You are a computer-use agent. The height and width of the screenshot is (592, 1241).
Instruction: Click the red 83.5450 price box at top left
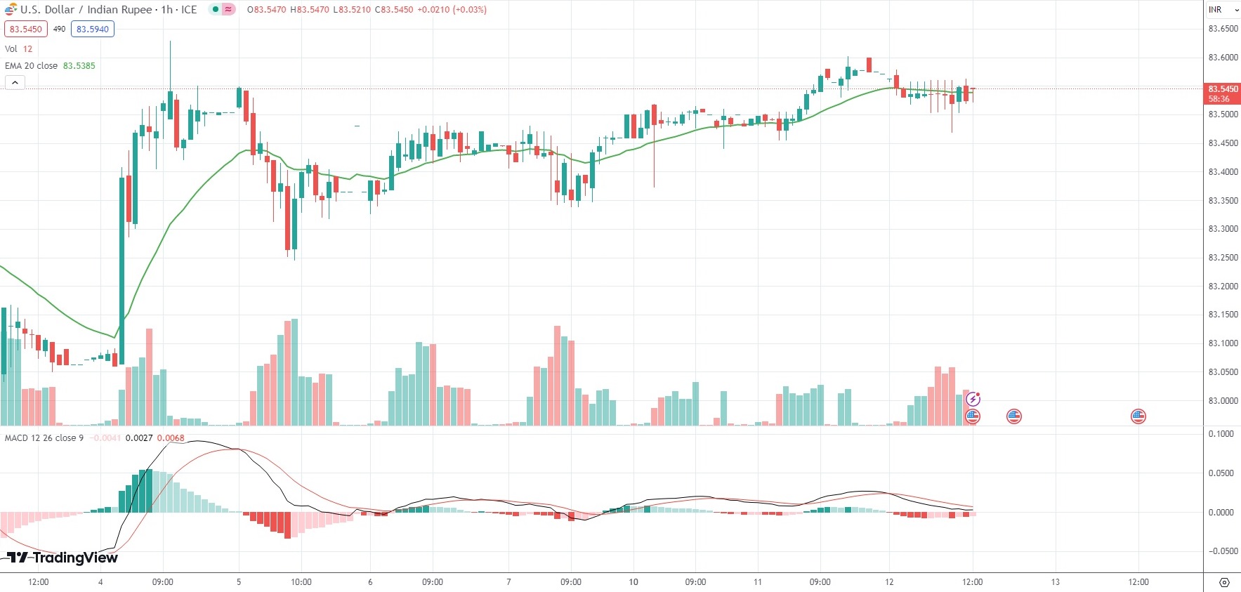(x=25, y=29)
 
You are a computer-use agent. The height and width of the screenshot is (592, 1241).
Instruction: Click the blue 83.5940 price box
(x=92, y=29)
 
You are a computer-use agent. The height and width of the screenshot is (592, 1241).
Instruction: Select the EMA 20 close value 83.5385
(x=79, y=66)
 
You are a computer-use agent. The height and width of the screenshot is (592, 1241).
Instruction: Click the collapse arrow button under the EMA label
(x=15, y=83)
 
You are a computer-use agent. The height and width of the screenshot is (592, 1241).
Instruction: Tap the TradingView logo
(x=63, y=558)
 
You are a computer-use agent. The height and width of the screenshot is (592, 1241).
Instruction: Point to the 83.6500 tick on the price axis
(x=1223, y=29)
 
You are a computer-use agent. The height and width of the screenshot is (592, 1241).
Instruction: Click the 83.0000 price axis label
(x=1223, y=401)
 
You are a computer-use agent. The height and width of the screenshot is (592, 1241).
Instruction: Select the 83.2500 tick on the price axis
(x=1223, y=258)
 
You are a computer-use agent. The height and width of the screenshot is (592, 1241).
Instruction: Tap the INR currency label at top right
(x=1215, y=10)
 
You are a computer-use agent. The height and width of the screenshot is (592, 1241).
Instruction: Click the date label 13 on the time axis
(x=1055, y=582)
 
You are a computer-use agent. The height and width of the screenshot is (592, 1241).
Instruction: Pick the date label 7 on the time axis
(x=508, y=582)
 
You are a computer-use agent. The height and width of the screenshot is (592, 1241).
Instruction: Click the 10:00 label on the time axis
(x=301, y=582)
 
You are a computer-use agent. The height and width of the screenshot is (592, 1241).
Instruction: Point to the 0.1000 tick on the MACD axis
(x=1221, y=434)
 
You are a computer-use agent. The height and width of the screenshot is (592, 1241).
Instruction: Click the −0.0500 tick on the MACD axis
(x=1221, y=551)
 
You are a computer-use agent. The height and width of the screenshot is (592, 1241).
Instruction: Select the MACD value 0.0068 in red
(x=171, y=438)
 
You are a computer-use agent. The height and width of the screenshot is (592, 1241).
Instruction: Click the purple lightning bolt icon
(x=973, y=400)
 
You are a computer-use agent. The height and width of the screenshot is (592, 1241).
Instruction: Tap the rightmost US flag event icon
(x=1138, y=416)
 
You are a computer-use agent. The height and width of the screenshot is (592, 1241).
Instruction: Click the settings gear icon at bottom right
(x=1224, y=582)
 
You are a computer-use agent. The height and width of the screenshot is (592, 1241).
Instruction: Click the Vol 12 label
(x=19, y=49)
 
